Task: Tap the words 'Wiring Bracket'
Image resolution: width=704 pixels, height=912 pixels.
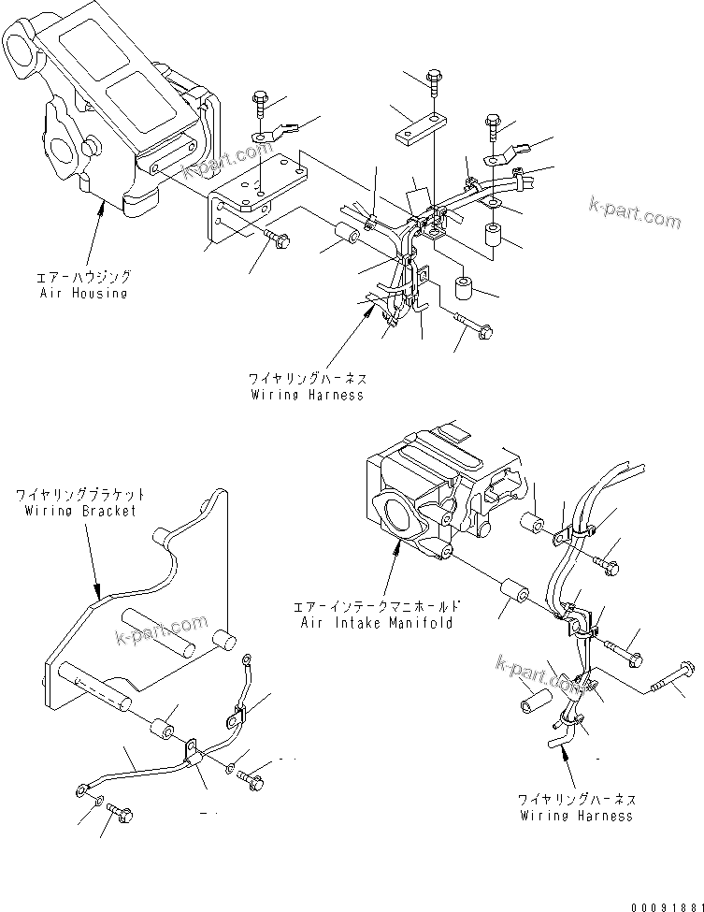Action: click(x=80, y=511)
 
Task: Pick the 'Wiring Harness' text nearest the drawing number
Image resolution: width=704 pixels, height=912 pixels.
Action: click(x=576, y=815)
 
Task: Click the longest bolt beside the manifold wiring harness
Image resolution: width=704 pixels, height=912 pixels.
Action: click(x=670, y=673)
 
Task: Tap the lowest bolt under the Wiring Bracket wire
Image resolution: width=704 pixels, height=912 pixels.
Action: click(x=117, y=814)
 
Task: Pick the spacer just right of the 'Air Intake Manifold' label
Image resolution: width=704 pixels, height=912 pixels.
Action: click(x=514, y=596)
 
